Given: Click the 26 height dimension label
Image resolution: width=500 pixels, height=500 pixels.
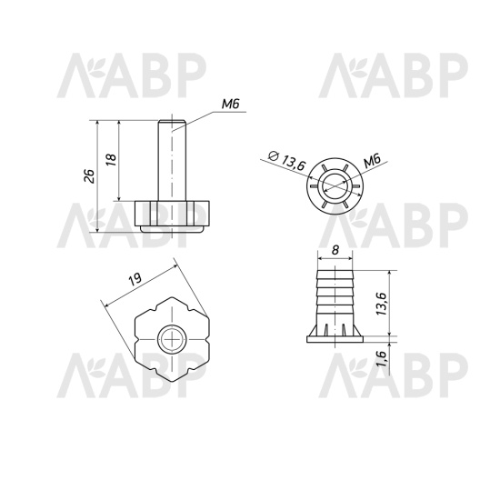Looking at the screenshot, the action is tap(90, 175).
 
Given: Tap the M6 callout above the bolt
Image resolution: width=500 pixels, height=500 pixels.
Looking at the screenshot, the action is tap(230, 105).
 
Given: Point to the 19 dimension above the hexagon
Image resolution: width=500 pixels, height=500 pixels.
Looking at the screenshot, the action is tap(135, 279).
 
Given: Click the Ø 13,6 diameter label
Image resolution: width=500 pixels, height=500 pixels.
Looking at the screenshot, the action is tap(287, 160).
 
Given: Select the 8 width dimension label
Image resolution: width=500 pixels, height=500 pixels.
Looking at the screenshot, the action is tap(335, 250).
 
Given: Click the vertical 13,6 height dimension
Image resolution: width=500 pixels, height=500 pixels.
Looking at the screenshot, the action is tap(381, 304).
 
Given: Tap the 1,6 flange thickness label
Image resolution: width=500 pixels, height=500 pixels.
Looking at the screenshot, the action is tap(381, 358).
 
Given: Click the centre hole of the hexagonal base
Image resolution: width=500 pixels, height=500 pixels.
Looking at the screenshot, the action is tap(172, 340).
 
